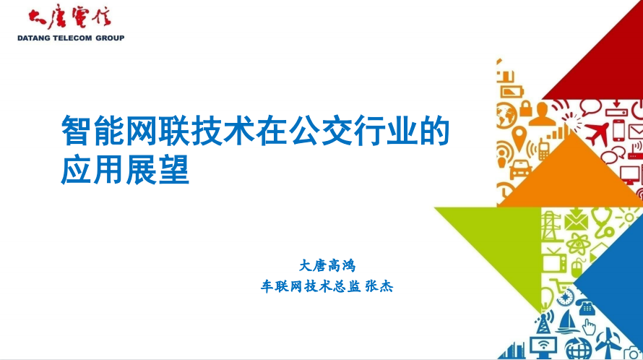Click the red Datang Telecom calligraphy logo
point(69,18)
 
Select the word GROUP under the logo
point(110,38)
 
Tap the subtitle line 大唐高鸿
point(327,265)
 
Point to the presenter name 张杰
point(379,286)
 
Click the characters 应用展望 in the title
point(125,170)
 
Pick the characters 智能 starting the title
point(92,131)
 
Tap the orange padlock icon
point(526,108)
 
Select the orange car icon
point(520,168)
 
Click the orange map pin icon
point(519,137)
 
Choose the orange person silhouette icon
point(542,114)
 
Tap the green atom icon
point(578,244)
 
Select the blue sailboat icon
point(568,322)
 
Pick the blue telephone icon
point(587,307)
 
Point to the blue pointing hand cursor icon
point(589,327)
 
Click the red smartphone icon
point(618,129)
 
